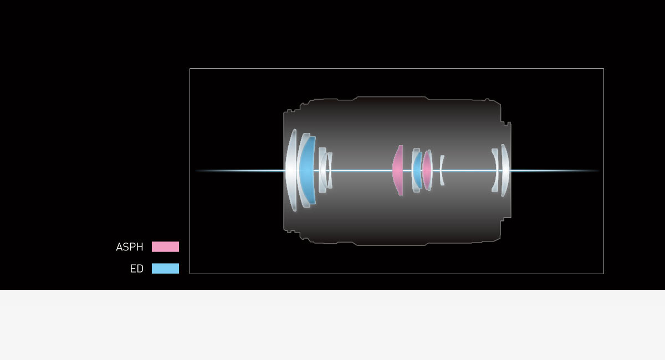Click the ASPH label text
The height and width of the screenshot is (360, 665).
130,247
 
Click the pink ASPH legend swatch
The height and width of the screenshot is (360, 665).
165,246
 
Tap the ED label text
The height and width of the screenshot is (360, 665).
136,269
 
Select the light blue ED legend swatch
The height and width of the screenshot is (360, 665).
165,268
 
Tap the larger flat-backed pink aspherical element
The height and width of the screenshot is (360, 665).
398,171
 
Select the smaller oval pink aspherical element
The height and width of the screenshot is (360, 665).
427,171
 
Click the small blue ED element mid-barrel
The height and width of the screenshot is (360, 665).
418,171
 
